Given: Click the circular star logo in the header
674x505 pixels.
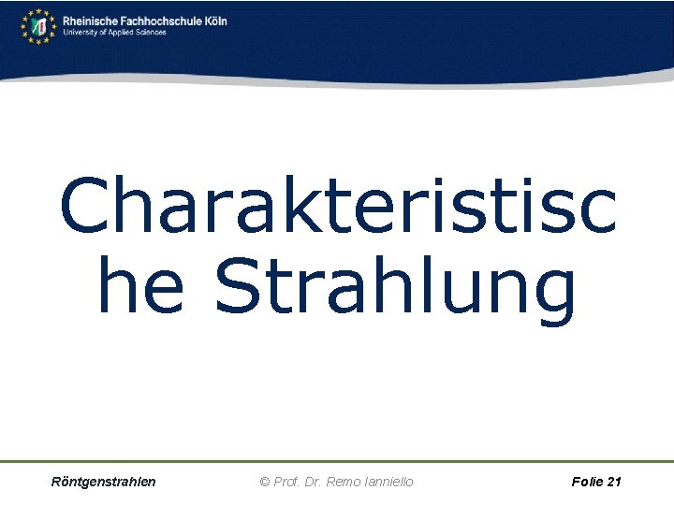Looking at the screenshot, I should pos(38,25).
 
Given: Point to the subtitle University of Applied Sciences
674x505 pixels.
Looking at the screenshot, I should pos(114,32).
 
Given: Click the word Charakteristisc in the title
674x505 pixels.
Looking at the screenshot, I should pos(337,207).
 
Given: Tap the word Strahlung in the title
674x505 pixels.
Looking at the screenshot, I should pos(394,289).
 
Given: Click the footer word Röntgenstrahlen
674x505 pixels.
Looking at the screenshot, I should pos(104,482).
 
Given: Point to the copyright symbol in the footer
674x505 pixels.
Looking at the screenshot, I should pos(265,482).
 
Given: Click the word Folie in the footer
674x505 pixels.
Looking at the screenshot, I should pos(586,482).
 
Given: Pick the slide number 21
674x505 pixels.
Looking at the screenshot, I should pos(614,482).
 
